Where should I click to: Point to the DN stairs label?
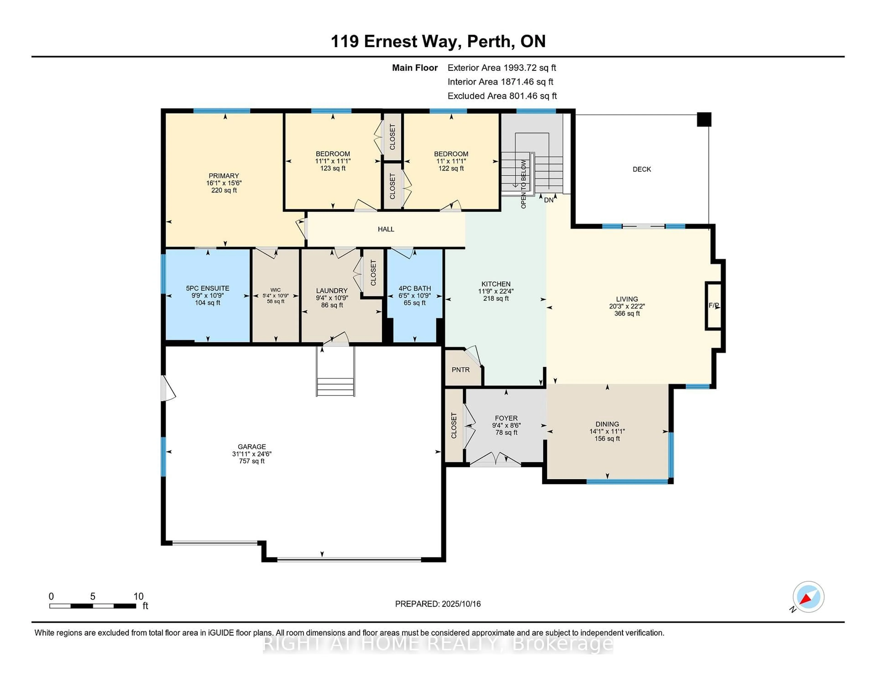(x=549, y=200)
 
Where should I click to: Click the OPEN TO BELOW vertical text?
(x=524, y=184)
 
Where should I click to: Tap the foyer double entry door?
(x=495, y=459)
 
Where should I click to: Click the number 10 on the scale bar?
(x=138, y=596)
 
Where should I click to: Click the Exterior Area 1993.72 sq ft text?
(x=502, y=68)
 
